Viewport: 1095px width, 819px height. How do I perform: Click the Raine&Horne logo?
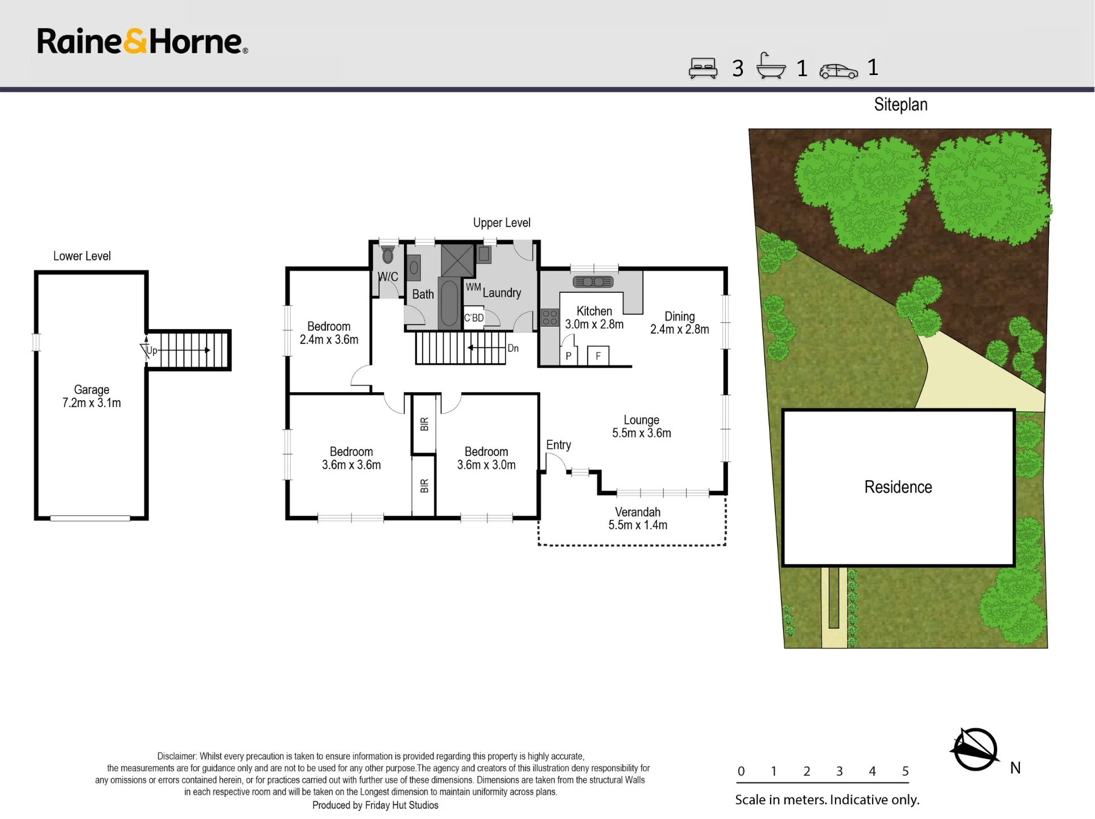(x=142, y=41)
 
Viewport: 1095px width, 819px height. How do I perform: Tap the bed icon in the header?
(x=703, y=68)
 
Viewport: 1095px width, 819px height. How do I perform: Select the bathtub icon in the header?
(x=771, y=66)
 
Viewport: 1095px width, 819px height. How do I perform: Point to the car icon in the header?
(x=838, y=71)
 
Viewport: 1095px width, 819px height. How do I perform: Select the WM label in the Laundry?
(x=473, y=287)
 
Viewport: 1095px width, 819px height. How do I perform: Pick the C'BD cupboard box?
(x=474, y=317)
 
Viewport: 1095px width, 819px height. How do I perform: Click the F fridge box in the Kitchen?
(x=598, y=356)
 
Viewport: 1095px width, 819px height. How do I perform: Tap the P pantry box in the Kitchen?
(x=569, y=356)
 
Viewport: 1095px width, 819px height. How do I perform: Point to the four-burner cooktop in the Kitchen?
(x=549, y=318)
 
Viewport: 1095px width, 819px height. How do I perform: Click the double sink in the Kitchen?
(x=593, y=281)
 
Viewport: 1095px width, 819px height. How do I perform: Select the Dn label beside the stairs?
(x=513, y=348)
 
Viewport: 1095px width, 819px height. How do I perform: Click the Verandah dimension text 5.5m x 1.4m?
(x=638, y=525)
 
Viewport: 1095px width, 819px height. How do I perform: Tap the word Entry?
(x=559, y=445)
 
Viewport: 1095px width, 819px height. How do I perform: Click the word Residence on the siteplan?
(x=898, y=487)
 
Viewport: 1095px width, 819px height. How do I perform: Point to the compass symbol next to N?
(x=975, y=750)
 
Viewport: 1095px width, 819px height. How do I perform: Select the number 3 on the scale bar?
(x=840, y=771)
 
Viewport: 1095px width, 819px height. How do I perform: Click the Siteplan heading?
(x=900, y=105)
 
